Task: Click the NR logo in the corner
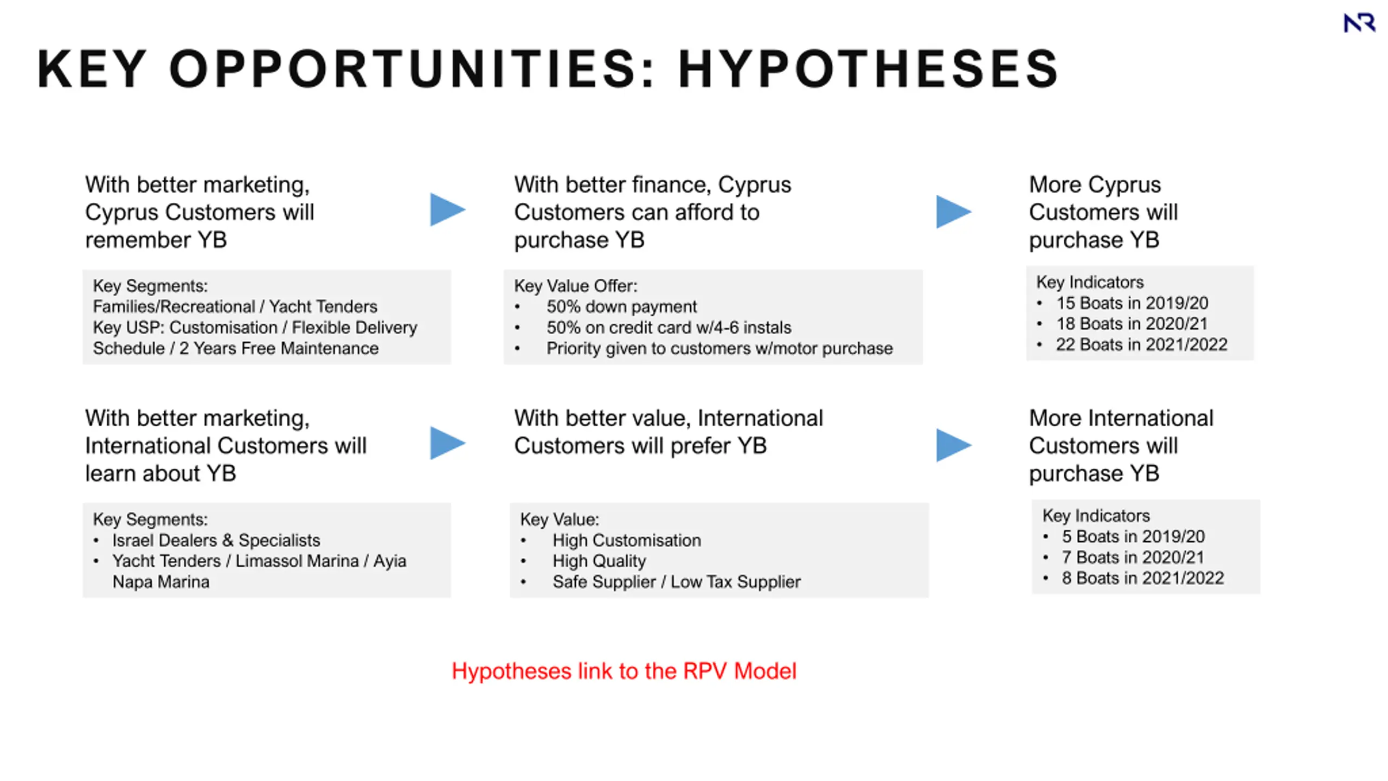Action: [x=1359, y=23]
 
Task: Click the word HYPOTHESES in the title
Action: [x=869, y=69]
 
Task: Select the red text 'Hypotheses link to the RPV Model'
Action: [x=624, y=671]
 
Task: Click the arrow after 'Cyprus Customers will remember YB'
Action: [x=447, y=209]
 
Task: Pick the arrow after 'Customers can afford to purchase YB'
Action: [x=954, y=212]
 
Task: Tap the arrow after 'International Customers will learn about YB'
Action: [x=447, y=443]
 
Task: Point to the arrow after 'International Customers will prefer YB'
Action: [x=954, y=445]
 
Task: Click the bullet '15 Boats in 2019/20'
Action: [x=1132, y=303]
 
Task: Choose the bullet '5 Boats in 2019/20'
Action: [x=1133, y=536]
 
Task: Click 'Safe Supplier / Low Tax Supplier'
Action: [x=677, y=581]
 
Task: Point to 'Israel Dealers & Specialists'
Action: [x=216, y=540]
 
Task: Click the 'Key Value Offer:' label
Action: [x=576, y=286]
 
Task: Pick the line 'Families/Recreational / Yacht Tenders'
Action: [x=235, y=306]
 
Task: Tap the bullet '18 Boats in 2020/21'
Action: [x=1132, y=324]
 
